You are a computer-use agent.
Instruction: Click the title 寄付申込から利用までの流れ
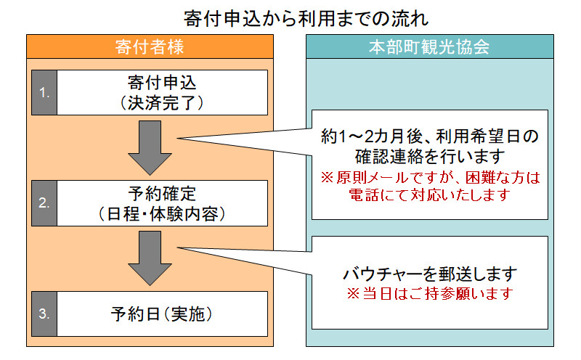[x=290, y=15]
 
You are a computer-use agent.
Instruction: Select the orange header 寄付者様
[x=150, y=47]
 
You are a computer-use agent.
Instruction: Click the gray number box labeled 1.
[x=44, y=93]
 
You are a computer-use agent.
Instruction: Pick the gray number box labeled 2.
[x=44, y=203]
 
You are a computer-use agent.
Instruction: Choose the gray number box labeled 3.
[x=44, y=314]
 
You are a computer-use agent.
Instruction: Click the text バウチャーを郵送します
[x=430, y=274]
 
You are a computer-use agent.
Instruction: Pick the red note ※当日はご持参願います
[x=430, y=294]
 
